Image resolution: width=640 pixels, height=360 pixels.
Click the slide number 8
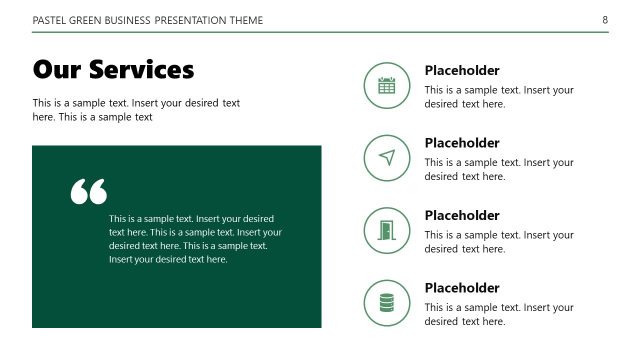click(x=605, y=20)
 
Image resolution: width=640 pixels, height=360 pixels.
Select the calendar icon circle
click(x=387, y=85)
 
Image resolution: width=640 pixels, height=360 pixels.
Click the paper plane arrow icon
click(x=387, y=157)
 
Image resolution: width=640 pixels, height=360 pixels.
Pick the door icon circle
click(x=387, y=230)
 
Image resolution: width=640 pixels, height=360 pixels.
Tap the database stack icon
click(x=387, y=302)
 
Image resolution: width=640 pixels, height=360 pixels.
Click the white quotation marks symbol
click(x=88, y=191)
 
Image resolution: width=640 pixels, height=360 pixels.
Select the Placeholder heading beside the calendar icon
click(x=462, y=70)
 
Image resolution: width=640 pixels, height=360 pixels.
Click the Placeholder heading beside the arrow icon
click(x=462, y=143)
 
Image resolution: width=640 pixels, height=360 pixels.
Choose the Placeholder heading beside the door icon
click(x=462, y=215)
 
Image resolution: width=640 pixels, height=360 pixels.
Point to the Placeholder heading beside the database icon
click(x=462, y=288)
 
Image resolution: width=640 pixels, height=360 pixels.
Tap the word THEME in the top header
click(x=242, y=20)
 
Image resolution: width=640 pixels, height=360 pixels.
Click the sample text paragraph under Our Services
click(x=136, y=110)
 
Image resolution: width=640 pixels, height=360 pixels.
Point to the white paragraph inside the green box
click(x=190, y=239)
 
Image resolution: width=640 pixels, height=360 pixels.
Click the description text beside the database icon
click(x=499, y=314)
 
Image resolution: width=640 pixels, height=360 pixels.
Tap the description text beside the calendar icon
click(x=499, y=96)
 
